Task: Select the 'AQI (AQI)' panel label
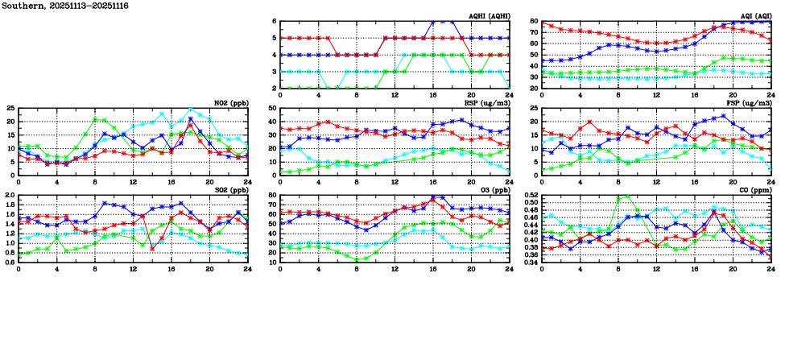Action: pyautogui.click(x=754, y=16)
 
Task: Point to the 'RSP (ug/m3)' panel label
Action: pyautogui.click(x=490, y=103)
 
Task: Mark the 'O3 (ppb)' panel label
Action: pyautogui.click(x=494, y=190)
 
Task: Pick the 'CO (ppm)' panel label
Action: pyautogui.click(x=755, y=190)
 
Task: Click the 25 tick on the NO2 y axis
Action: pyautogui.click(x=10, y=108)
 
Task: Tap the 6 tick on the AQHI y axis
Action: pyautogui.click(x=274, y=22)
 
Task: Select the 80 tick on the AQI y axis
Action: pyautogui.click(x=533, y=22)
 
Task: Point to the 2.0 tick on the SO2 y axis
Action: pyautogui.click(x=8, y=196)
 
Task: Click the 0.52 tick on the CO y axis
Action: pyautogui.click(x=528, y=196)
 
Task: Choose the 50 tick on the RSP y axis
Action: pyautogui.click(x=271, y=108)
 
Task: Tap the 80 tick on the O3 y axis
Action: pyautogui.click(x=271, y=196)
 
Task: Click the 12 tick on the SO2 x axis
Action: pyautogui.click(x=134, y=268)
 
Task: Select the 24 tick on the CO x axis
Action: pyautogui.click(x=771, y=268)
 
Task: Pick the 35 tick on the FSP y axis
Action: pyautogui.click(x=533, y=108)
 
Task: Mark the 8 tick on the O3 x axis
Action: pyautogui.click(x=357, y=268)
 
